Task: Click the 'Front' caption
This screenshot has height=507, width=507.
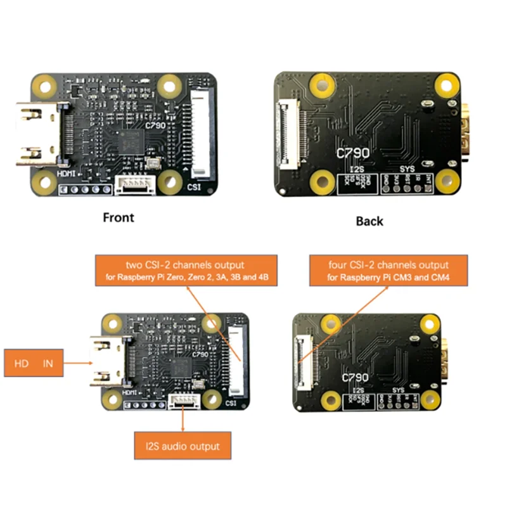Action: click(x=119, y=217)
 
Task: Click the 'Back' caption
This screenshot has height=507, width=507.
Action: click(x=369, y=221)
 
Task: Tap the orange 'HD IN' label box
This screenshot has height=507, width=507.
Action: click(x=34, y=363)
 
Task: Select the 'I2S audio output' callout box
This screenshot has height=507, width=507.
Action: click(x=183, y=446)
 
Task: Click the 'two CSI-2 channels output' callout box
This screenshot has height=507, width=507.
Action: click(x=185, y=270)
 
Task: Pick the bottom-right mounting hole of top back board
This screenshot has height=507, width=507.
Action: click(x=447, y=182)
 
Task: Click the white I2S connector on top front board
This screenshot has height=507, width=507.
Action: click(x=133, y=184)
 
